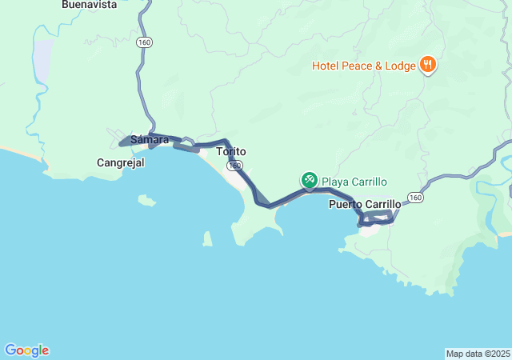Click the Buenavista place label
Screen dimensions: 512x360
pos(89,5)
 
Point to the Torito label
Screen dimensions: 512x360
pos(230,151)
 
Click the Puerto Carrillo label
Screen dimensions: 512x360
pos(364,205)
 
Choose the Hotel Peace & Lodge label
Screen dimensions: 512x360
pos(364,65)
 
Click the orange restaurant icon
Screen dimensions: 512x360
pos(427,65)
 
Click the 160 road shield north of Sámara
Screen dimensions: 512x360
pos(144,42)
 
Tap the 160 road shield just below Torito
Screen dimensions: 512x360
pos(234,166)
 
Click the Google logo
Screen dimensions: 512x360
pos(27,350)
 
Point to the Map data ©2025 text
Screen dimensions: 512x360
pos(477,354)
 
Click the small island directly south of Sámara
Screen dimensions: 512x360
pos(146,199)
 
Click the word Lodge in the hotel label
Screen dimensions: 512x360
pos(398,65)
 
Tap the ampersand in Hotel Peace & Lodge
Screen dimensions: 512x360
pos(377,65)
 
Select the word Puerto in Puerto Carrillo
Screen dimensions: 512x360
pos(345,205)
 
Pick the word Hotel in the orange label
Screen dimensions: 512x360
pos(325,65)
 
